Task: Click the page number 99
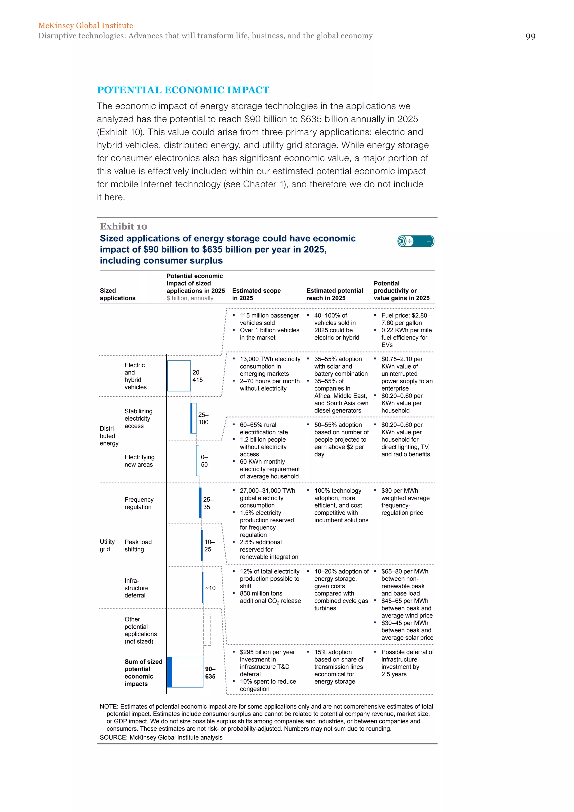coord(530,36)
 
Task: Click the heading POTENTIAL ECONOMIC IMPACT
coord(183,90)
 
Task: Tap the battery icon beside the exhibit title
coord(416,241)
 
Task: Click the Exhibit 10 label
coord(123,226)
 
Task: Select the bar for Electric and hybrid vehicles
coord(179,376)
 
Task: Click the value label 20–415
coord(198,376)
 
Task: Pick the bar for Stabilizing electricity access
coord(193,418)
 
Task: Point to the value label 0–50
coord(204,461)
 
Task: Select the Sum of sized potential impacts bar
coord(185,672)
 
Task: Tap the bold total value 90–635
coord(210,672)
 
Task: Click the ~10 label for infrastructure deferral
coord(210,588)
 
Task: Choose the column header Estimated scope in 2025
coord(256,294)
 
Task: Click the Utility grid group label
coord(107,545)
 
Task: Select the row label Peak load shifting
coord(138,545)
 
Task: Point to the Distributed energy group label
coord(109,436)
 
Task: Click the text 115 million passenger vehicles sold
coord(269,319)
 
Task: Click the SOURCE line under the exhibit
coord(161,737)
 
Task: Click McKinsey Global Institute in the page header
coord(85,26)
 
